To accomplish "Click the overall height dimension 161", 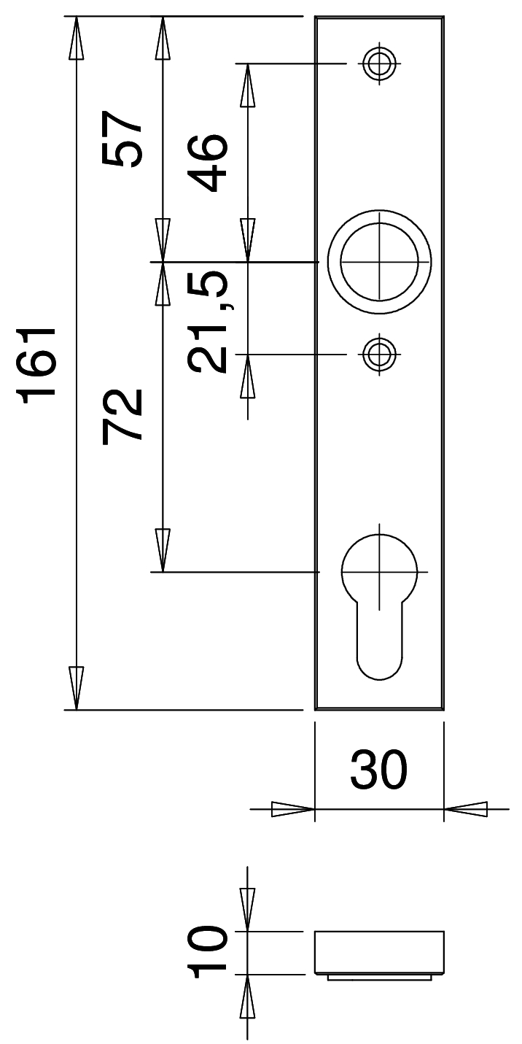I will [38, 365].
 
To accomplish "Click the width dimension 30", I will [378, 771].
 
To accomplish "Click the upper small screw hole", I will [378, 63].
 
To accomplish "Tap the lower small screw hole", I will [378, 355].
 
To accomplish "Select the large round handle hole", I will [378, 261].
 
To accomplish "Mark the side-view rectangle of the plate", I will [379, 952].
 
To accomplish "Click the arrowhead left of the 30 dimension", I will [292, 809].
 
